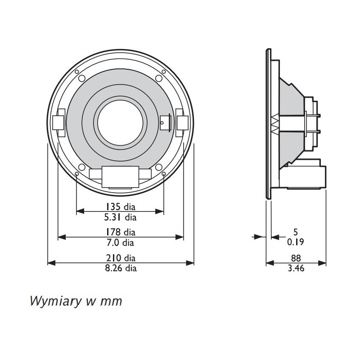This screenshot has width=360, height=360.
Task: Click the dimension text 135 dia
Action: coord(120,207)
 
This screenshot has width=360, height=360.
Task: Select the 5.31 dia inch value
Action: coord(120,217)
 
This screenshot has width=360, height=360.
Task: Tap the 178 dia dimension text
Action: coord(120,232)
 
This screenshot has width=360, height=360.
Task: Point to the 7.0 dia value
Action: coord(120,243)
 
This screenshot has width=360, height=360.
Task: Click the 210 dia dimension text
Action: coord(120,258)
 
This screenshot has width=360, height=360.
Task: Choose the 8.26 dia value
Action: coord(120,269)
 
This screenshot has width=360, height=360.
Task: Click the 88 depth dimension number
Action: coord(296,258)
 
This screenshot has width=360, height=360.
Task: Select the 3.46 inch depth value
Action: coord(296,269)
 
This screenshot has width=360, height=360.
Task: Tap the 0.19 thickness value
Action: coord(296,243)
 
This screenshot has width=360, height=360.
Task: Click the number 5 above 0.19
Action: coord(296,232)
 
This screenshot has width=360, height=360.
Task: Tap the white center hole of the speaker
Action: coord(120,121)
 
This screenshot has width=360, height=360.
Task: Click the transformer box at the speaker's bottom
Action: coord(120,176)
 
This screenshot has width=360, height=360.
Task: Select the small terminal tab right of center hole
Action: coord(165,121)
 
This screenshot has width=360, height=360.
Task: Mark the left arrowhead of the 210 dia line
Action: coord(50,263)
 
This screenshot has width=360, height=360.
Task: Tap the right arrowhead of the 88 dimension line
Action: coord(324,263)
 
